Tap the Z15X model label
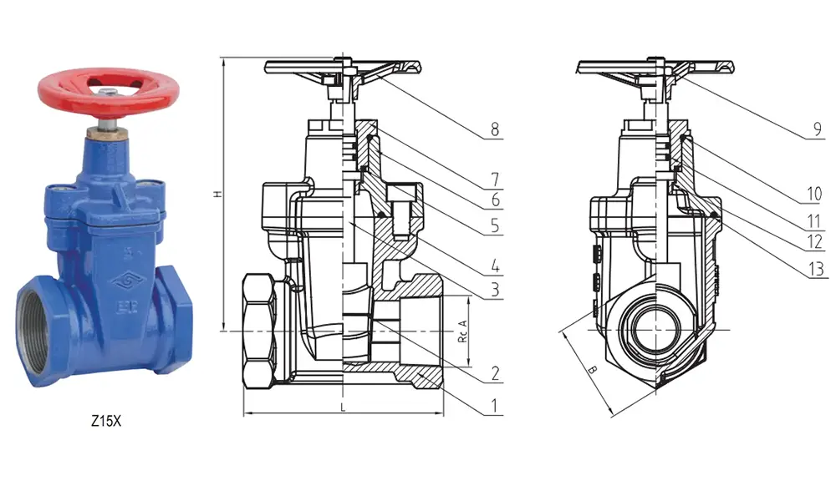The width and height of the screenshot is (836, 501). [106, 423]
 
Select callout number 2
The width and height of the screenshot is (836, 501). [495, 372]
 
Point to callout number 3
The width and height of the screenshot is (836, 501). [495, 290]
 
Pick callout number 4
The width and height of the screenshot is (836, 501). [495, 268]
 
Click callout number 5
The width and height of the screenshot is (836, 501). [495, 225]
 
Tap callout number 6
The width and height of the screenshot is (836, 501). [495, 200]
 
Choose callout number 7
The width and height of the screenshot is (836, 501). [495, 178]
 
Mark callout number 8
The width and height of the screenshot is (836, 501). [495, 129]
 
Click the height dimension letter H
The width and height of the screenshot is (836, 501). [217, 194]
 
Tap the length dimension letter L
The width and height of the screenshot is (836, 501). [344, 406]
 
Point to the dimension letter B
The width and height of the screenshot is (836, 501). [591, 368]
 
